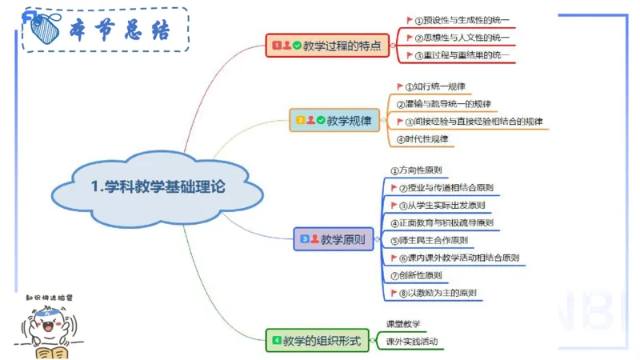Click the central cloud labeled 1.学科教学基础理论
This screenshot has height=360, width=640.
(x=157, y=187)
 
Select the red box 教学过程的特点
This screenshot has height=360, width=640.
(x=328, y=46)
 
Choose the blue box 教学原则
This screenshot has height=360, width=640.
(x=334, y=238)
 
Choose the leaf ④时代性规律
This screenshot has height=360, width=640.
(x=423, y=139)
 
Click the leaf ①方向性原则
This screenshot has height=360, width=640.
(x=416, y=170)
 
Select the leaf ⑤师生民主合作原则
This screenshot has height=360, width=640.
(x=429, y=240)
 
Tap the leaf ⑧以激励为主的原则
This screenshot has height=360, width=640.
(x=438, y=293)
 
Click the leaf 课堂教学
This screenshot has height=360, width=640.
(x=403, y=324)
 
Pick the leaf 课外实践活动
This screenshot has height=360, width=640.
(x=412, y=342)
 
